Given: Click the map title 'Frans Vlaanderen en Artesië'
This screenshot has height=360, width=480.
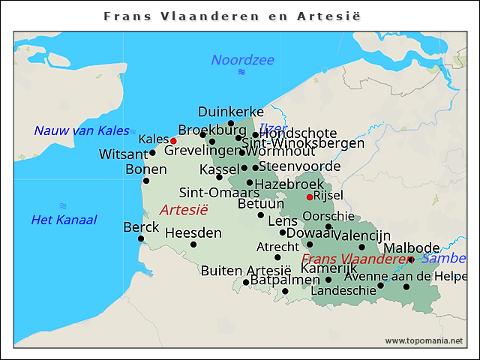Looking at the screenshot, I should (239, 16).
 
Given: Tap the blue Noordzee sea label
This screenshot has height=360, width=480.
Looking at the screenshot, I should (242, 60).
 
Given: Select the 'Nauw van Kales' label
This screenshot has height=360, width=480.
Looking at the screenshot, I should (81, 130).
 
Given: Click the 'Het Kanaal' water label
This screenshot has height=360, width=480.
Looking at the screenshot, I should (64, 220).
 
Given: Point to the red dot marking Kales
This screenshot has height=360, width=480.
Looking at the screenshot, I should (173, 140).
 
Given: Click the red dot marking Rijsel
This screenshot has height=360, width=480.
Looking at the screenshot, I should (310, 197).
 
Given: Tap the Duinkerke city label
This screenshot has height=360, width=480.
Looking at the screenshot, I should (230, 112).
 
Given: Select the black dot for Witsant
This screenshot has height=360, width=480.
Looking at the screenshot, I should (152, 153).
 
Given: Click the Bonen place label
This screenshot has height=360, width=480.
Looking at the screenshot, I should (145, 169).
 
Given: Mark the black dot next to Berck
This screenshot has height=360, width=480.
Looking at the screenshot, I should (141, 238).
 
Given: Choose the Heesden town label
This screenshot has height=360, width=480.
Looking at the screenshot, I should (193, 233).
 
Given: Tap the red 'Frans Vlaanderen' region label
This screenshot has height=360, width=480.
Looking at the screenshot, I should (356, 259).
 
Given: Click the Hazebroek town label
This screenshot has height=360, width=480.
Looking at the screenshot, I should (289, 184).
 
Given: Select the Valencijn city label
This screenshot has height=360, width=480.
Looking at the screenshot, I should (362, 235).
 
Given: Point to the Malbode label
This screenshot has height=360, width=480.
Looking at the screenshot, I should (411, 248).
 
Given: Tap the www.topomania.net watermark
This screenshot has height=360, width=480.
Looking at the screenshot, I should (424, 340).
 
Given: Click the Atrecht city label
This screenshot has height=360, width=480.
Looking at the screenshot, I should (277, 246).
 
